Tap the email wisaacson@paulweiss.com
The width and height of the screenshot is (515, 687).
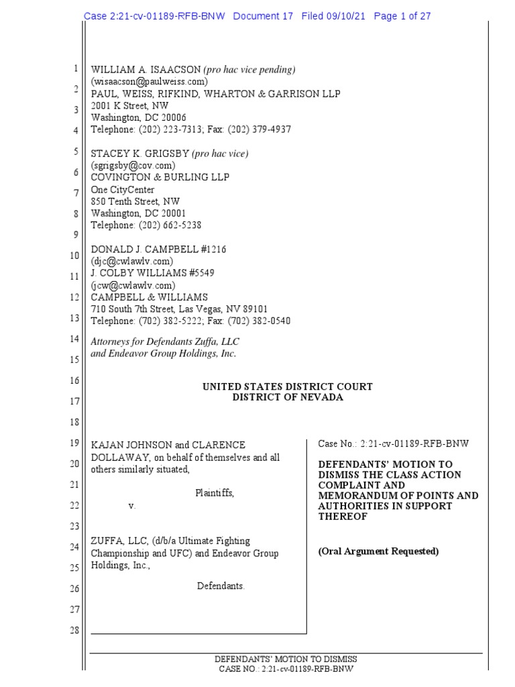(154, 82)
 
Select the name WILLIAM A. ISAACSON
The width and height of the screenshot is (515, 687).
(146, 70)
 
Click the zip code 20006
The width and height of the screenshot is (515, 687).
(172, 117)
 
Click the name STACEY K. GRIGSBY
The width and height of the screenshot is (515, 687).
(140, 154)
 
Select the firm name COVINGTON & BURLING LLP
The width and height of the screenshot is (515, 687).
(160, 177)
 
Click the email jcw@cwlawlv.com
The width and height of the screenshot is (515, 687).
(131, 285)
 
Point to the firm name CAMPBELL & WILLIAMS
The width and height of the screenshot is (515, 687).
(149, 297)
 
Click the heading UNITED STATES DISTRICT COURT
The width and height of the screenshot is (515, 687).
(287, 387)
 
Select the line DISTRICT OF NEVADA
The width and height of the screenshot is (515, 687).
(287, 397)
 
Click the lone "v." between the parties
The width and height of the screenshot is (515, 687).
(132, 506)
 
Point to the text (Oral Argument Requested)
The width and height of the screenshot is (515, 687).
(378, 551)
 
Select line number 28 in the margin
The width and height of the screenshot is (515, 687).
(74, 631)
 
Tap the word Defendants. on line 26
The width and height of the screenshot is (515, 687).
(221, 586)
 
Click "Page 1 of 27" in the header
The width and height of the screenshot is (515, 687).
(402, 16)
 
